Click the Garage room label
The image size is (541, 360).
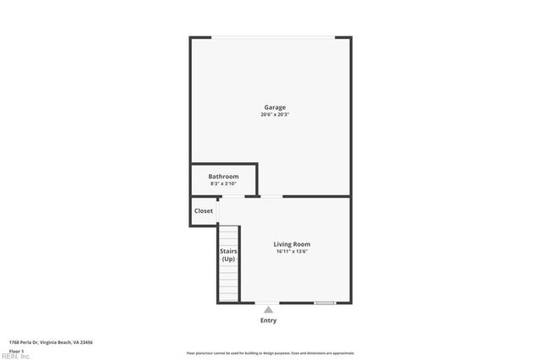pyautogui.click(x=275, y=107)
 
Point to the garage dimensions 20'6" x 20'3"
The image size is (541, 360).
pyautogui.click(x=275, y=115)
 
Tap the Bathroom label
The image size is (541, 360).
pyautogui.click(x=224, y=176)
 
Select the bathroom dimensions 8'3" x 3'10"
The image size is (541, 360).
pyautogui.click(x=224, y=183)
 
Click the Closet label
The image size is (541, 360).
pyautogui.click(x=204, y=211)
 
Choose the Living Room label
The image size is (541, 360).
pyautogui.click(x=292, y=244)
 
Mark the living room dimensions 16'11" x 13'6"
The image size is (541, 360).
pyautogui.click(x=292, y=252)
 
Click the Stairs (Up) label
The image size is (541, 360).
pyautogui.click(x=228, y=255)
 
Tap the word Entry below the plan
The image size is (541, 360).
pyautogui.click(x=268, y=320)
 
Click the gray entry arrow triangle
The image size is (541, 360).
pyautogui.click(x=268, y=310)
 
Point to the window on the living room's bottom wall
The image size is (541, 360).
pyautogui.click(x=325, y=303)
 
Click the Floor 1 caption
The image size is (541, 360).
pyautogui.click(x=16, y=351)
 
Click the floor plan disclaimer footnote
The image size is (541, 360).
pyautogui.click(x=270, y=353)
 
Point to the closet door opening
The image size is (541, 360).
pyautogui.click(x=218, y=211)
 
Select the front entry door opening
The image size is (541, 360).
pyautogui.click(x=268, y=303)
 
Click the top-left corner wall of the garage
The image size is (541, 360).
pyautogui.click(x=194, y=39)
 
